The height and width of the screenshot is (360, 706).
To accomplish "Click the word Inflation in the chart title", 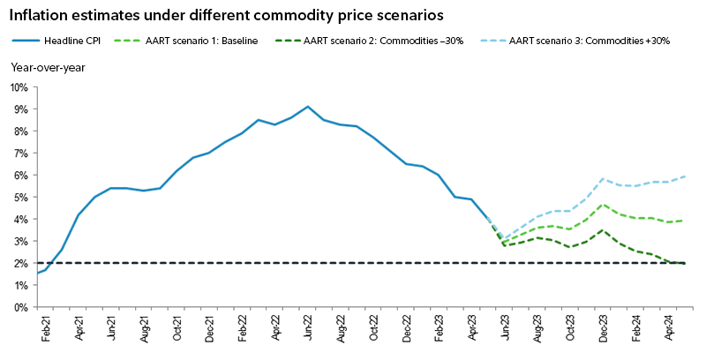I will point(39,15).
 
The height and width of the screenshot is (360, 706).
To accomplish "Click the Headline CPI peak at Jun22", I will point(307,107).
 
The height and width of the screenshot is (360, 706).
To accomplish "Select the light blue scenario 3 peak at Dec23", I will point(603,179).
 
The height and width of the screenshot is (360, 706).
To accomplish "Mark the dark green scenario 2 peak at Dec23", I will point(603,230).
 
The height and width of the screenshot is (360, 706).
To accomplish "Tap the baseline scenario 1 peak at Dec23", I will point(603,205).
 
